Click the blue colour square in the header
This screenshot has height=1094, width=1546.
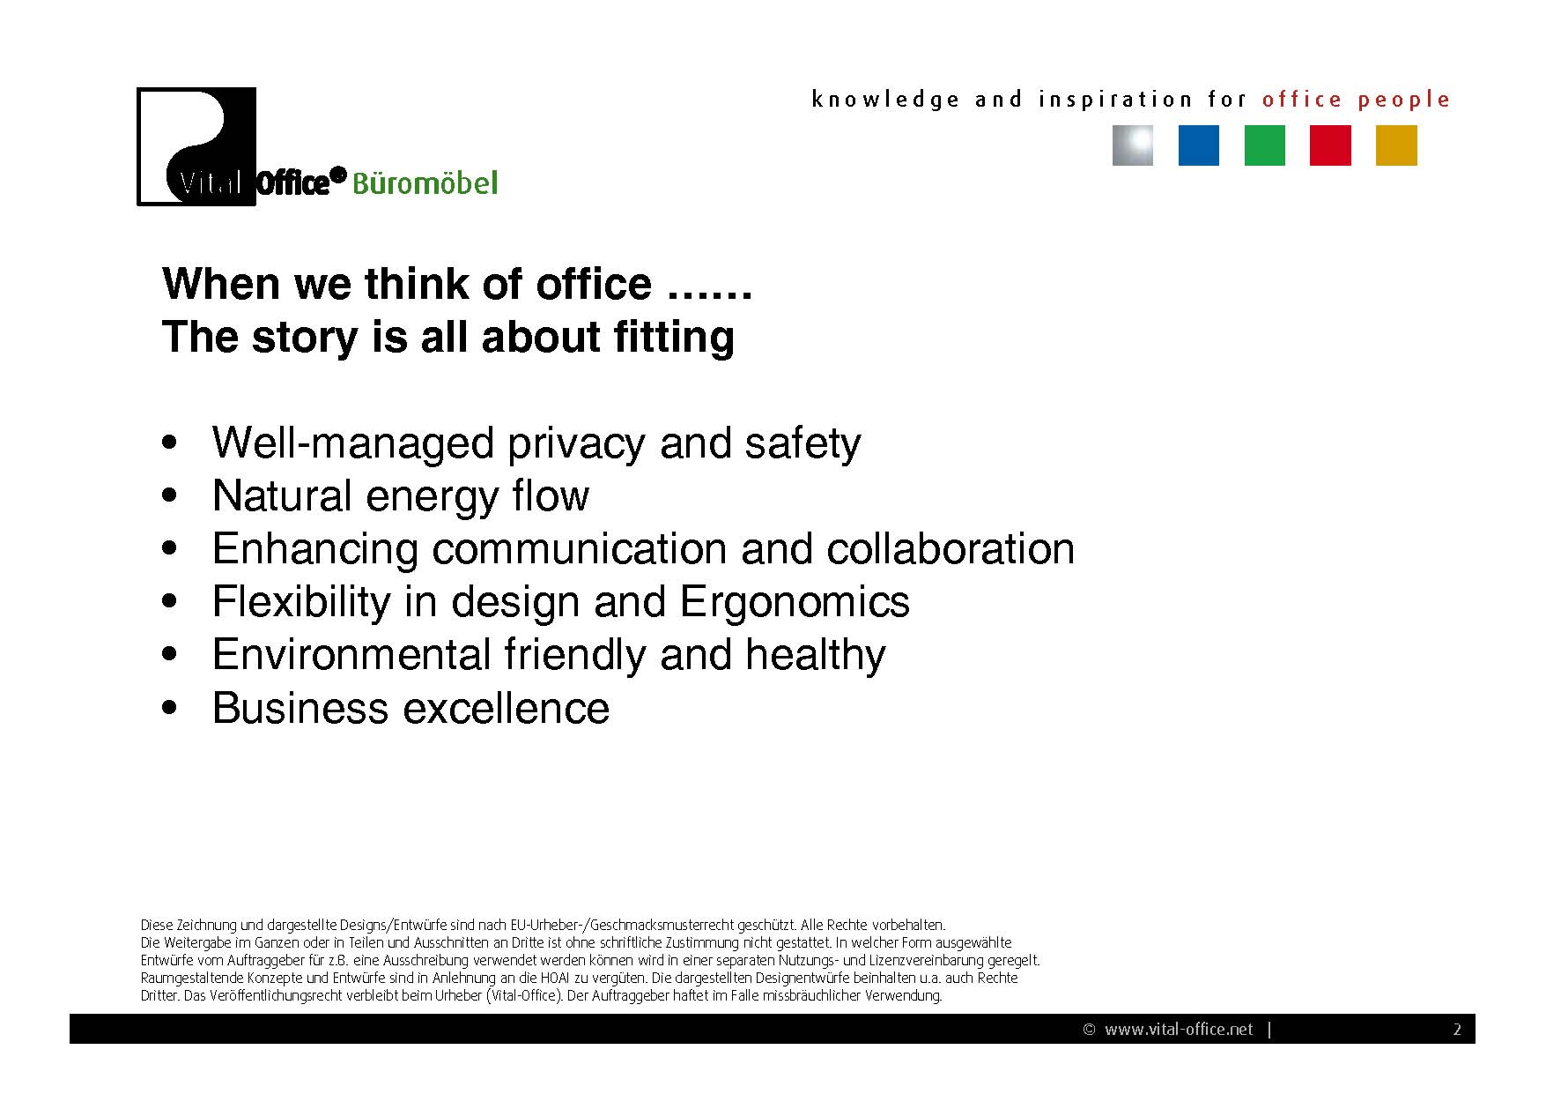[x=1198, y=145]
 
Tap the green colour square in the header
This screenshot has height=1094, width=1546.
[x=1264, y=145]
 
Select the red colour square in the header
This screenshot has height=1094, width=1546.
[x=1330, y=145]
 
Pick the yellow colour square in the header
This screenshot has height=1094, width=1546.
[x=1396, y=145]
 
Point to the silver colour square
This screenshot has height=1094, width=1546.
[x=1132, y=145]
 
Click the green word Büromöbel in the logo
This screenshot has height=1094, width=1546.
[x=425, y=183]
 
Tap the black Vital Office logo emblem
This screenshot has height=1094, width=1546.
[x=196, y=146]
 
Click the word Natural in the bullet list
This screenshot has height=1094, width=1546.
[x=282, y=495]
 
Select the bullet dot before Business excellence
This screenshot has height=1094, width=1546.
[x=170, y=707]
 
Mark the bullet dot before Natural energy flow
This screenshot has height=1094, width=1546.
[x=170, y=495]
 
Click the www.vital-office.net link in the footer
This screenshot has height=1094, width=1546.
[x=1179, y=1030]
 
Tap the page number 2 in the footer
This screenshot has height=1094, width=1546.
[x=1457, y=1030]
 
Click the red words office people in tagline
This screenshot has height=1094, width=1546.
[x=1356, y=100]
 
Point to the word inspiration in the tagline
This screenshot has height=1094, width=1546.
[x=1115, y=100]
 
